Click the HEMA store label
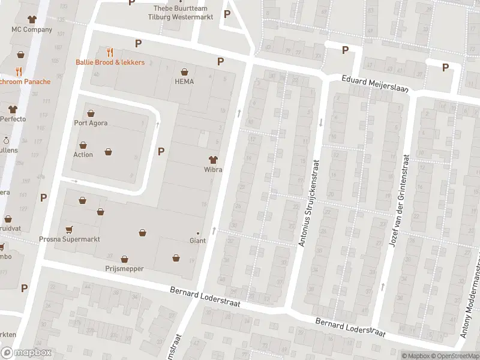[x=184, y=82]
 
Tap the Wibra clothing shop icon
[x=212, y=159]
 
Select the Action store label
[x=83, y=155]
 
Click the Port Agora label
[x=91, y=124]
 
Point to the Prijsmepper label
[x=124, y=269]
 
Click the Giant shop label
[x=197, y=241]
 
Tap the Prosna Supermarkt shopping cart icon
[x=68, y=229]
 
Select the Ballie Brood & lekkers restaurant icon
[x=109, y=52]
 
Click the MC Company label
[x=32, y=29]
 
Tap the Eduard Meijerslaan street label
[x=375, y=83]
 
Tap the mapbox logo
[x=26, y=352]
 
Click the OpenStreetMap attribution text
[x=454, y=356]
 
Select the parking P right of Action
[x=161, y=151]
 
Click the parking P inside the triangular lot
[x=227, y=14]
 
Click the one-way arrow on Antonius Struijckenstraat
[x=321, y=122]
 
